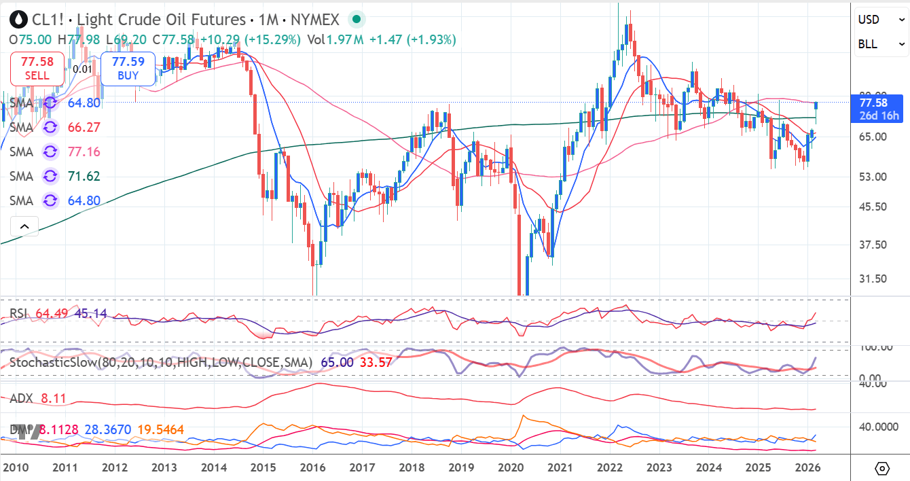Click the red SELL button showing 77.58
[37, 69]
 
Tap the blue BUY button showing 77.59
[128, 69]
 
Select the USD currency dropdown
[881, 20]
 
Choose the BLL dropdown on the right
[881, 44]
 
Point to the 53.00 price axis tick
[873, 177]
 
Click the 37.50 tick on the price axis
[873, 245]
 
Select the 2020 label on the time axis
[511, 467]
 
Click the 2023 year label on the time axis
[659, 467]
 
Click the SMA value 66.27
[84, 127]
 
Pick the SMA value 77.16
[84, 152]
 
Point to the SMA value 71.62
[84, 176]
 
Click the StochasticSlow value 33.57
[376, 362]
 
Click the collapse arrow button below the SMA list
[24, 226]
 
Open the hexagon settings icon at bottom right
[881, 468]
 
